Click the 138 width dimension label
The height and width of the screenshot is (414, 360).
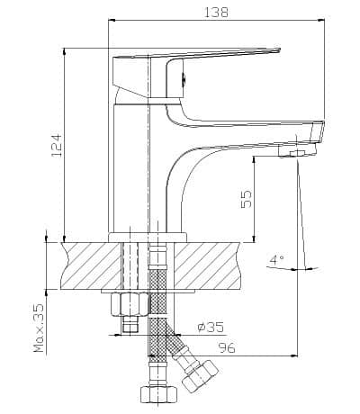216,13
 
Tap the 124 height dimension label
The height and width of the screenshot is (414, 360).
57,145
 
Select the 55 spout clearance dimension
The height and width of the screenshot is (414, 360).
247,199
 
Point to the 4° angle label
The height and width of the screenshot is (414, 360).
276,259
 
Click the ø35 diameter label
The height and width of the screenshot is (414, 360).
211,327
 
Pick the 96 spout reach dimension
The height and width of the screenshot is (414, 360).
227,347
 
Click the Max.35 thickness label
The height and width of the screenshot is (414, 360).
39,328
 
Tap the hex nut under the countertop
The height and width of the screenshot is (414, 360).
130,304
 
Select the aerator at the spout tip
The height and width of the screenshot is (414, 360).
297,150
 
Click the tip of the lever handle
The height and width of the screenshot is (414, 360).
279,49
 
